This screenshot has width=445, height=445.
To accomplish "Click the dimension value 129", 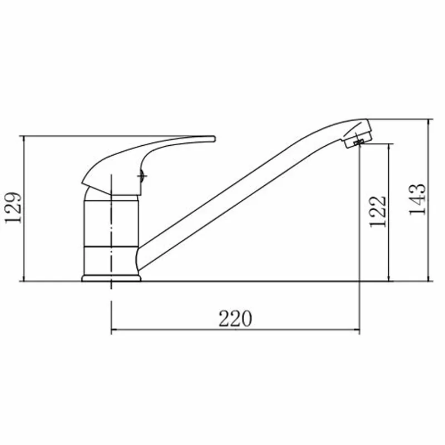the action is click(x=13, y=208).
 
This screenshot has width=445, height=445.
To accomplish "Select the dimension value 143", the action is click(x=417, y=200).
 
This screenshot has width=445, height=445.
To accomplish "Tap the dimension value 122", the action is click(x=378, y=211).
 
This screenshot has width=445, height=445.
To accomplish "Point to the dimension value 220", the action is click(x=235, y=319).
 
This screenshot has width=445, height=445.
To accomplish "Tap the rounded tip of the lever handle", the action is click(x=214, y=139).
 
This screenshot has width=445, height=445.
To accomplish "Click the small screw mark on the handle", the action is click(x=142, y=176).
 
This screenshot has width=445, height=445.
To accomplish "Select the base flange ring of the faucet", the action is click(x=111, y=278).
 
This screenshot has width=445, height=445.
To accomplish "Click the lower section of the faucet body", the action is click(x=111, y=260).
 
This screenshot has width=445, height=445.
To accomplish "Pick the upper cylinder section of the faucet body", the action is click(x=111, y=224).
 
